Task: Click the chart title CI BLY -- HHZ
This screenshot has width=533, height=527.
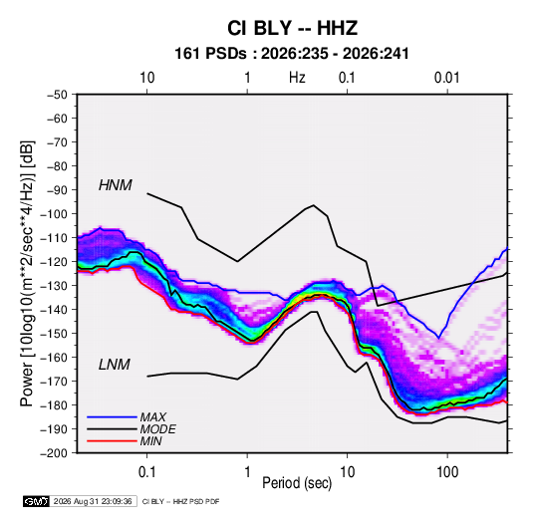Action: [x=292, y=28]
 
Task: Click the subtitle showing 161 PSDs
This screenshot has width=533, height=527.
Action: [x=292, y=54]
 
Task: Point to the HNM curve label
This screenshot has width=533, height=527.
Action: [x=116, y=185]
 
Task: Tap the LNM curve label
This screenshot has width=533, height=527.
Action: [x=115, y=365]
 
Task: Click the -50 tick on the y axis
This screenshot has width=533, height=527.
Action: [x=57, y=95]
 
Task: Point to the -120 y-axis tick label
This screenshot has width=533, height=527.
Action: [x=54, y=261]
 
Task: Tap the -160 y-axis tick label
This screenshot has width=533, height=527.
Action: [x=54, y=358]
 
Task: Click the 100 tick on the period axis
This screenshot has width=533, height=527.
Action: [x=447, y=472]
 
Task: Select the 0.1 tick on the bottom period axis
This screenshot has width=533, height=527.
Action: [x=146, y=472]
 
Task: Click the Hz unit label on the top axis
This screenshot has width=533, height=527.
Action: [x=297, y=78]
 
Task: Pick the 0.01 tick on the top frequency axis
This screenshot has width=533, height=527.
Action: [x=446, y=78]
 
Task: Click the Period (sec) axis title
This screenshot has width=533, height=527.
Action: [x=297, y=483]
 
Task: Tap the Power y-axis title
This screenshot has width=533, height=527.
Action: [x=27, y=274]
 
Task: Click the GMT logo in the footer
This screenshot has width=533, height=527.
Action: [x=36, y=501]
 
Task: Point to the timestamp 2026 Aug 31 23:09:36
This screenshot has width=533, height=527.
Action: [x=93, y=501]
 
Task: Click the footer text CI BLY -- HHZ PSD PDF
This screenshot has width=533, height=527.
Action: [x=181, y=502]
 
